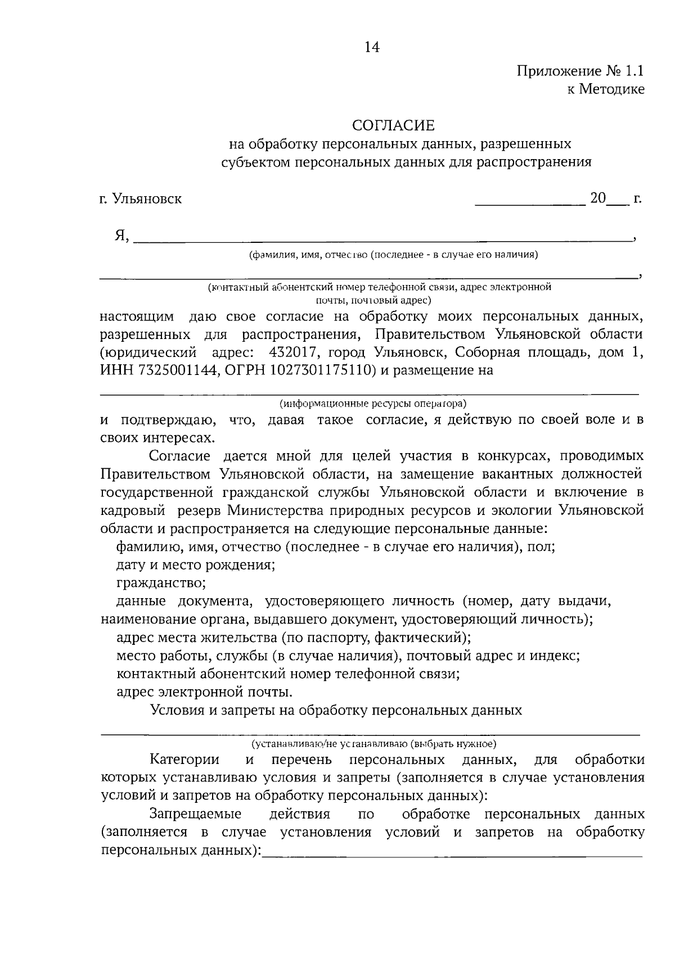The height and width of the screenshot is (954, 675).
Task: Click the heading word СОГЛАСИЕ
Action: [x=393, y=124]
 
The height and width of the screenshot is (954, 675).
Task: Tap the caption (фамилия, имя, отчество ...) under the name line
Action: [x=394, y=255]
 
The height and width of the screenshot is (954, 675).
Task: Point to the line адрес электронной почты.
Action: [x=204, y=691]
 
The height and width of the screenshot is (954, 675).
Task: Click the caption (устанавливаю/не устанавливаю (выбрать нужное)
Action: [x=373, y=744]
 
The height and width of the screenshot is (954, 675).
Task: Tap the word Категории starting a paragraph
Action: [x=184, y=760]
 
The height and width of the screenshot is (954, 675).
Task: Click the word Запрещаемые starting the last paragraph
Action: [x=195, y=814]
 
